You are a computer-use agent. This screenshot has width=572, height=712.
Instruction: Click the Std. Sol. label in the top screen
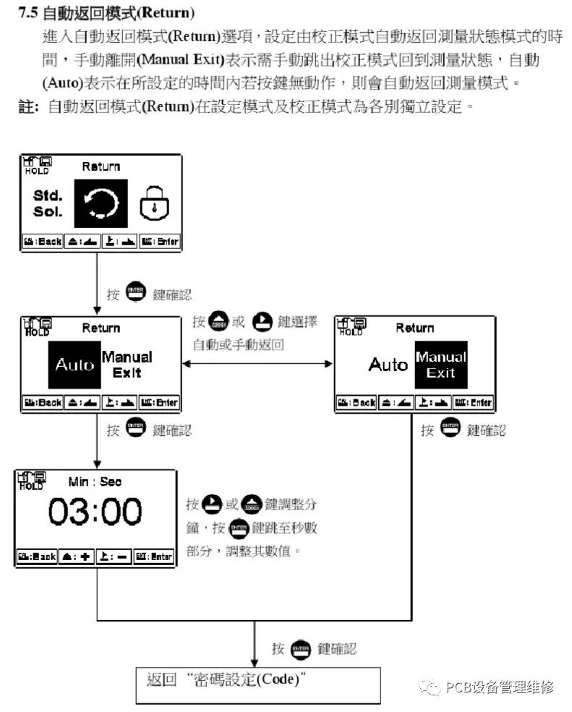[48, 203]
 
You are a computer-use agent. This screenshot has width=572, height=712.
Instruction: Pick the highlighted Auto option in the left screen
[74, 365]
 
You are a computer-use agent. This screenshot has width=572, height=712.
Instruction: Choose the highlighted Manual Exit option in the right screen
[440, 365]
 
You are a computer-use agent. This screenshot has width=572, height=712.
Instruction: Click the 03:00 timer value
[95, 512]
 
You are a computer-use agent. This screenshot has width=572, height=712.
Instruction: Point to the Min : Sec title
[95, 481]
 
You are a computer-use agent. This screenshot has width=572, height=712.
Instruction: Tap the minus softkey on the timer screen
[114, 556]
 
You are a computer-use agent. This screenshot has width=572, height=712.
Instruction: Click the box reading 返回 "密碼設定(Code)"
[258, 684]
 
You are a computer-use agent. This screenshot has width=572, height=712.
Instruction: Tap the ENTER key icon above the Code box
[299, 648]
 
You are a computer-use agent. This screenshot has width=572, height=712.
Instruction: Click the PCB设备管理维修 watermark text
[500, 687]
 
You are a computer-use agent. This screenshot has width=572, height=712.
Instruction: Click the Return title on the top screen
[101, 166]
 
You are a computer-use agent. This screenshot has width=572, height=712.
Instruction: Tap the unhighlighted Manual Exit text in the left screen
[127, 365]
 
